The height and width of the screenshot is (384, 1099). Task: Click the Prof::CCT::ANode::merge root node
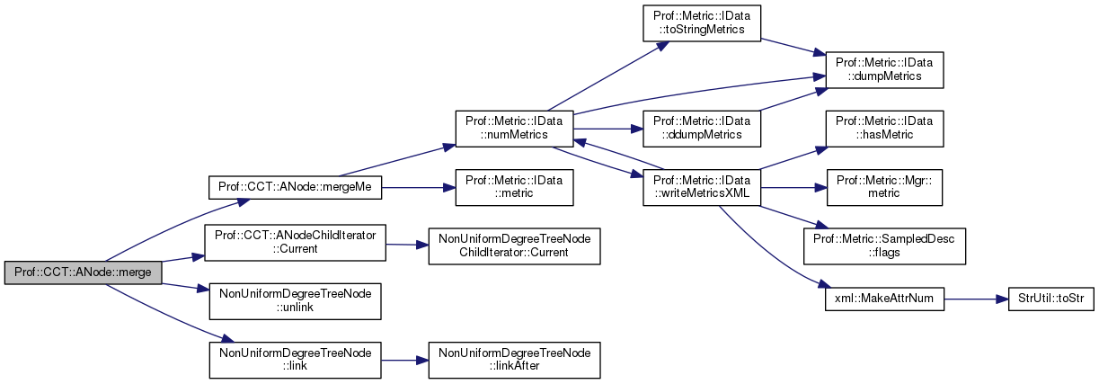pyautogui.click(x=83, y=272)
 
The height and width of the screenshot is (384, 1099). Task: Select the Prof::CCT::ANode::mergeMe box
pyautogui.click(x=296, y=188)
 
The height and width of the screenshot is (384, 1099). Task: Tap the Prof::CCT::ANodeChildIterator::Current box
pyautogui.click(x=296, y=244)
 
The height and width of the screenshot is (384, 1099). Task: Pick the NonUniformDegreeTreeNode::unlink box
pyautogui.click(x=296, y=300)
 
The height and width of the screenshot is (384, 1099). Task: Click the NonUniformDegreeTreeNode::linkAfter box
pyautogui.click(x=514, y=360)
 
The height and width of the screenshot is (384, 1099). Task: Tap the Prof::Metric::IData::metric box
pyautogui.click(x=514, y=187)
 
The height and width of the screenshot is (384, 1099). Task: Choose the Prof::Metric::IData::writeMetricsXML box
pyautogui.click(x=702, y=187)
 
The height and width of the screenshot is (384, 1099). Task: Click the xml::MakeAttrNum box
pyautogui.click(x=884, y=300)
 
